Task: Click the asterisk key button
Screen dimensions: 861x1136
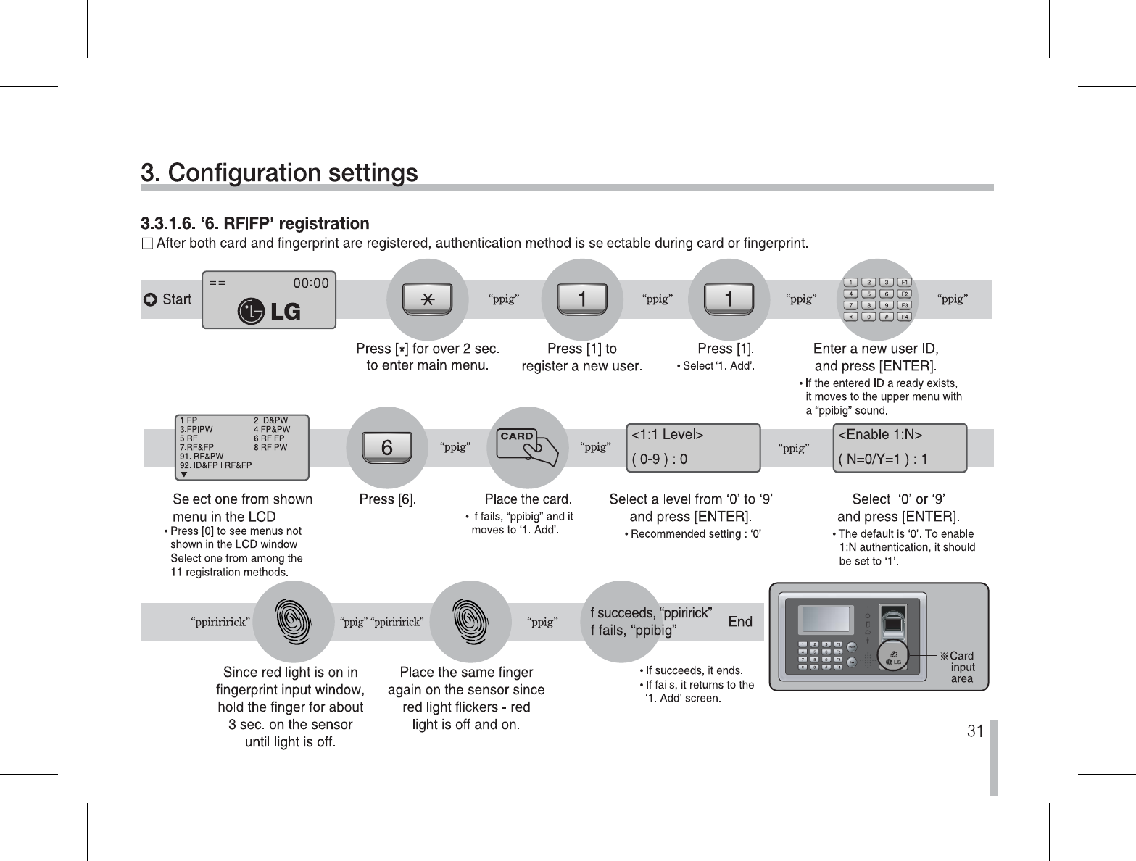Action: tap(428, 299)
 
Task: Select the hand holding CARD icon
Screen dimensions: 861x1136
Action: tap(527, 446)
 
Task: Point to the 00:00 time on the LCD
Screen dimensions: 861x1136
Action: tap(310, 283)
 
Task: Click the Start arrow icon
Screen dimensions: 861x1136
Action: tap(150, 300)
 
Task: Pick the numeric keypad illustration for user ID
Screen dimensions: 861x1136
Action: tap(878, 299)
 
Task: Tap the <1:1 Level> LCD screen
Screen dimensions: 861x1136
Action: tap(692, 447)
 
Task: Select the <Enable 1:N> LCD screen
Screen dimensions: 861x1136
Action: tap(900, 447)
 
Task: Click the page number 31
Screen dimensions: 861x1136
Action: tap(975, 731)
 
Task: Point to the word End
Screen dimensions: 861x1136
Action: tap(739, 622)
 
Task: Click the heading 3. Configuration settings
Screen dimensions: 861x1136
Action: tap(279, 174)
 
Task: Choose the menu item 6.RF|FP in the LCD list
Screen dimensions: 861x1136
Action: tap(269, 438)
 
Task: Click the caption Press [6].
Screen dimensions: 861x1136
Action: tap(388, 499)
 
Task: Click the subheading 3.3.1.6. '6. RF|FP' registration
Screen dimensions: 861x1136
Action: tap(255, 223)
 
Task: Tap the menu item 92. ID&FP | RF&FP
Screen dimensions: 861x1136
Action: tap(216, 465)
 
